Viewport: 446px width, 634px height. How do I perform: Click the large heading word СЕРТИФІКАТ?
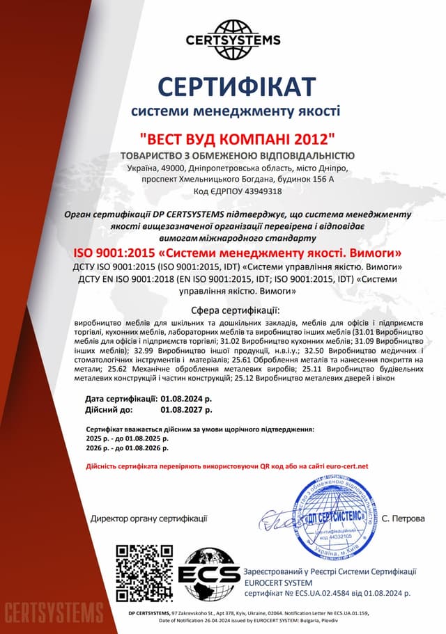pyautogui.click(x=236, y=85)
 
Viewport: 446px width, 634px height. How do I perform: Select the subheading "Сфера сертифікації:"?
pyautogui.click(x=236, y=310)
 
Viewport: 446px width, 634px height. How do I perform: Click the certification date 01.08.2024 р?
pyautogui.click(x=186, y=399)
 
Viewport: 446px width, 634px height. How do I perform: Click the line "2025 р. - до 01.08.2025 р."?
pyautogui.click(x=128, y=440)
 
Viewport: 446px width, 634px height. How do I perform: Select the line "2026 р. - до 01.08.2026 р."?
pyautogui.click(x=128, y=450)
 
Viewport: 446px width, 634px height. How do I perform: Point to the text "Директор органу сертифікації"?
pyautogui.click(x=149, y=518)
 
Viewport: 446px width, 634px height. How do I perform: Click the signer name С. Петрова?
pyautogui.click(x=403, y=518)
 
